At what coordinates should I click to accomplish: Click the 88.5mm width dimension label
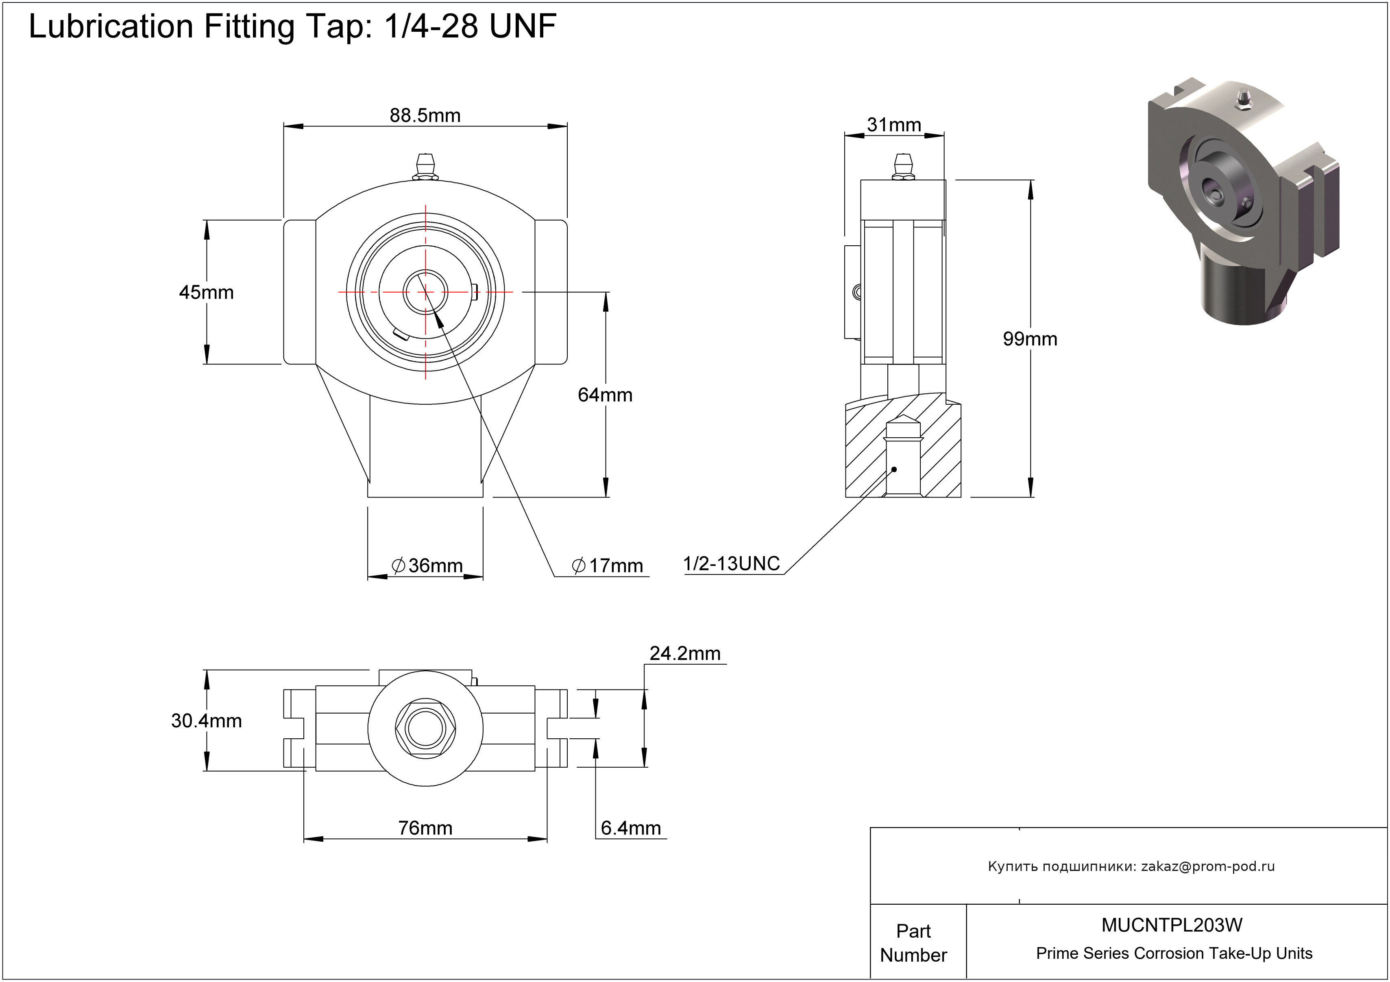425,115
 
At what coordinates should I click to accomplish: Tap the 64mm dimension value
605,395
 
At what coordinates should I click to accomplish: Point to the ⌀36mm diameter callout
427,565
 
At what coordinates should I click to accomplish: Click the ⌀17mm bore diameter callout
607,565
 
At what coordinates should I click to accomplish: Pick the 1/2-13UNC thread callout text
731,564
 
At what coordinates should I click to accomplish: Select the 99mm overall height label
1030,338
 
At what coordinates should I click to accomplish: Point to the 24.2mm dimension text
685,653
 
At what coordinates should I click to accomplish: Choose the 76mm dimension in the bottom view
425,827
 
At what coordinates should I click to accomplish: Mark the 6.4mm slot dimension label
630,827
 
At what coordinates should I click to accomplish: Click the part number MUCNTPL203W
1172,925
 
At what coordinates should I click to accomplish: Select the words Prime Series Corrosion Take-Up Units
1174,954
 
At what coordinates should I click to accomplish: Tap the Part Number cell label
913,943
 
